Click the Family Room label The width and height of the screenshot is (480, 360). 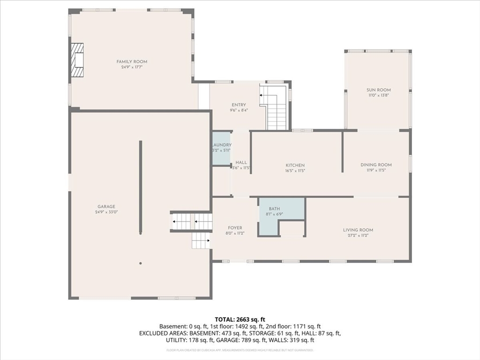(x=132, y=61)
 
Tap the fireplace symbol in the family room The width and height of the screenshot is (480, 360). (x=77, y=60)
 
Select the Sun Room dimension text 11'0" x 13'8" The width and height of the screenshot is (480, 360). (x=379, y=95)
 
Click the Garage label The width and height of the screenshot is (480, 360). (x=106, y=206)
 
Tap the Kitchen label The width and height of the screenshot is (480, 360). (x=295, y=165)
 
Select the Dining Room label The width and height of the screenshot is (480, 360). (x=376, y=165)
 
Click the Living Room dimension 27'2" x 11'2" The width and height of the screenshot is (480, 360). (x=358, y=235)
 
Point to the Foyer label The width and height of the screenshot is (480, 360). (x=235, y=227)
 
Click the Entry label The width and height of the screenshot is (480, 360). (x=239, y=105)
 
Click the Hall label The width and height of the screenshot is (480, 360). (x=241, y=162)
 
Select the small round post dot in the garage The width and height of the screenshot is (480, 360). (x=140, y=263)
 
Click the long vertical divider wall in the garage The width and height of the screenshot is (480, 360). (x=140, y=187)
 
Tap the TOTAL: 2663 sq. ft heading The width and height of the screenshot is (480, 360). (x=240, y=319)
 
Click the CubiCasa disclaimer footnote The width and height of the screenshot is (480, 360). (x=240, y=350)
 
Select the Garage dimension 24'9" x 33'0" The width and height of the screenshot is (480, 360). (x=106, y=212)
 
